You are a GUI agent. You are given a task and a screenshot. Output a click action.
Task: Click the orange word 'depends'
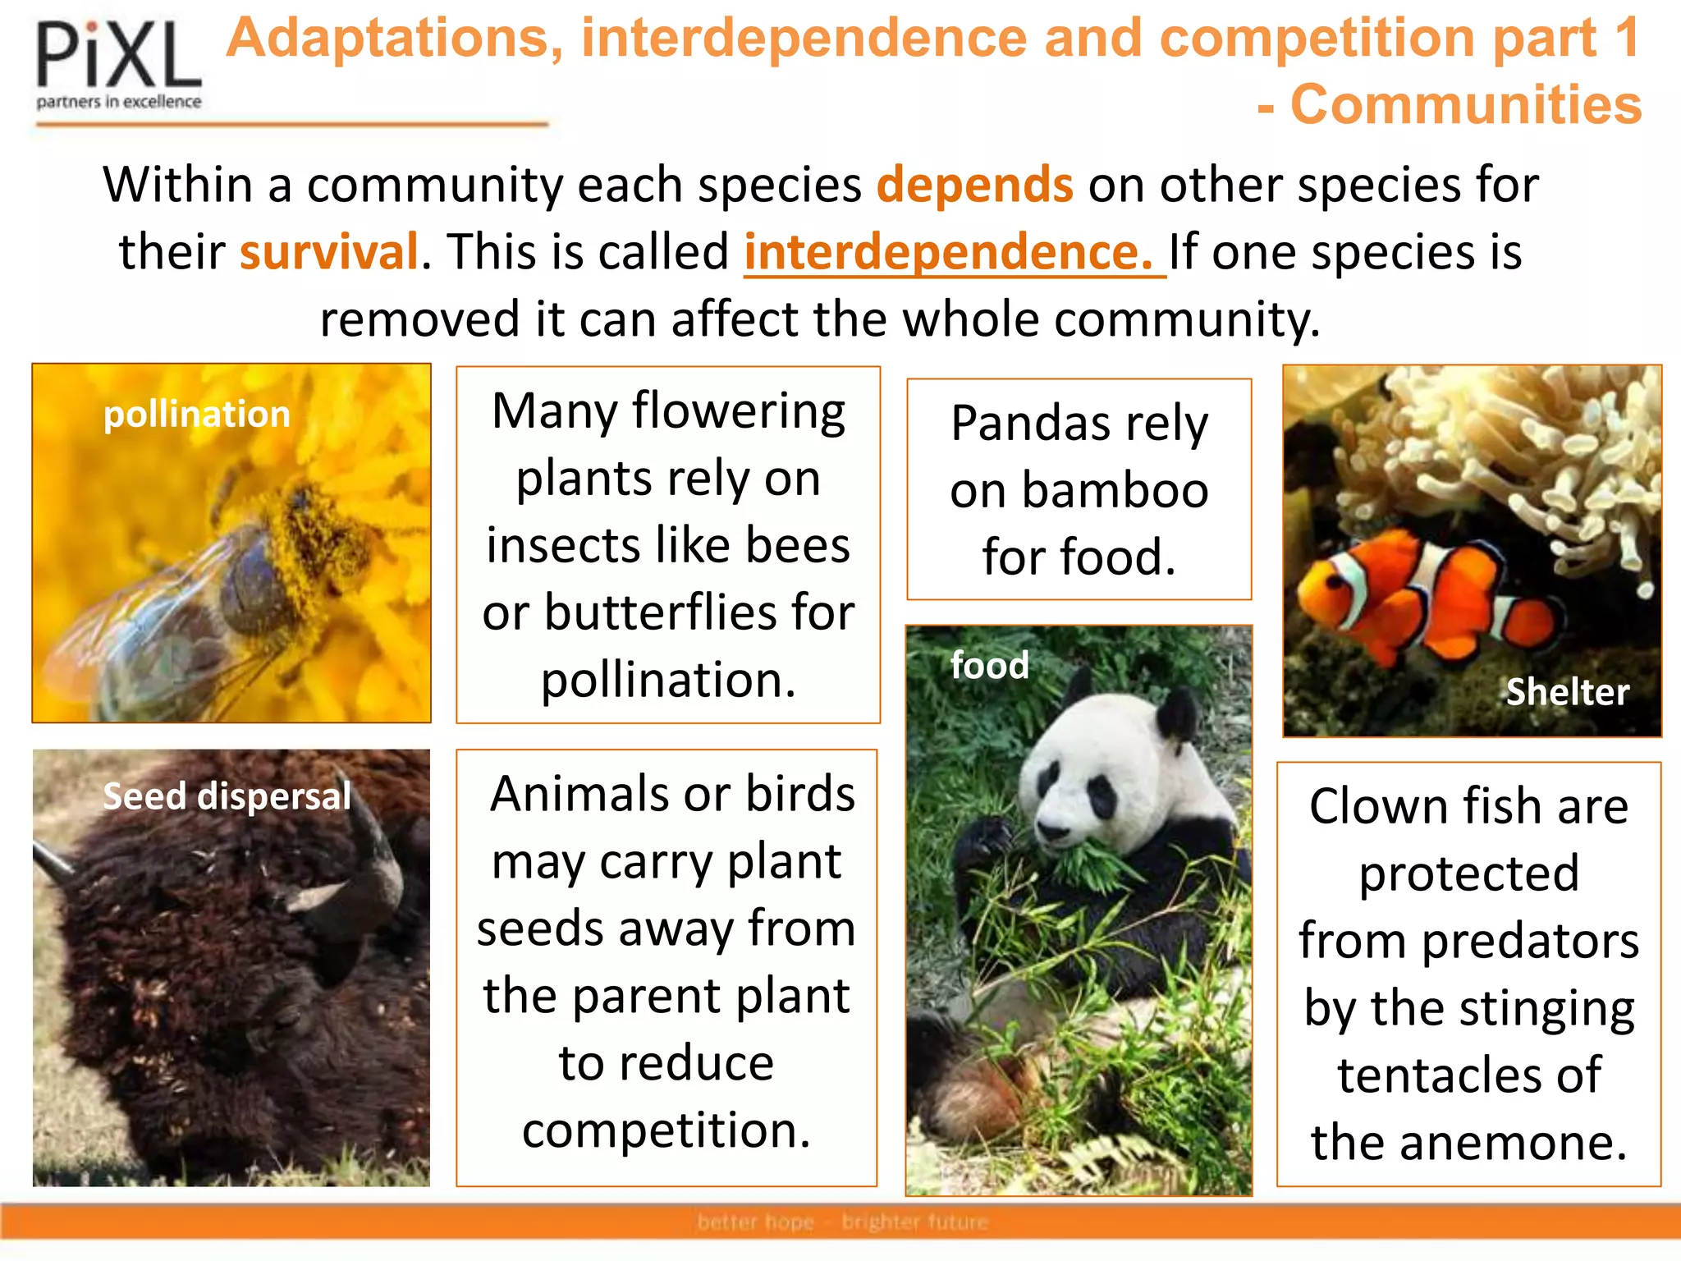(x=974, y=185)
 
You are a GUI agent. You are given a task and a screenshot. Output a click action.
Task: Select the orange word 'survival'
(x=328, y=252)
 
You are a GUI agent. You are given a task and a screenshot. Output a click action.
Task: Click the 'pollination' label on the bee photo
(x=197, y=414)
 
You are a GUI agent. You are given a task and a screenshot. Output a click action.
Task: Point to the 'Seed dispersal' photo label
(x=227, y=796)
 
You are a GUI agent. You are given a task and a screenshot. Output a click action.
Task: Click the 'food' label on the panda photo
(x=989, y=665)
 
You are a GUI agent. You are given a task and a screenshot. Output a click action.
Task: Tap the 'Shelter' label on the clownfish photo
(x=1567, y=692)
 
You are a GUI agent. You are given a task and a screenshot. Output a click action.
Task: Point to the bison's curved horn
(x=373, y=854)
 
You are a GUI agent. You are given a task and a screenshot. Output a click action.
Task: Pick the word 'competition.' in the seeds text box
(x=666, y=1130)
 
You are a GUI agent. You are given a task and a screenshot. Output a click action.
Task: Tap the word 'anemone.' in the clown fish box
(x=1468, y=1142)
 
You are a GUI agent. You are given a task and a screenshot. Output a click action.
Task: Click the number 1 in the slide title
(x=1624, y=38)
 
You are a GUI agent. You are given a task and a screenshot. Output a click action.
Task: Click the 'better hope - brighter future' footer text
(x=842, y=1222)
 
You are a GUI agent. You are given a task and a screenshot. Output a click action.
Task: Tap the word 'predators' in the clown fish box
(x=1530, y=940)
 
